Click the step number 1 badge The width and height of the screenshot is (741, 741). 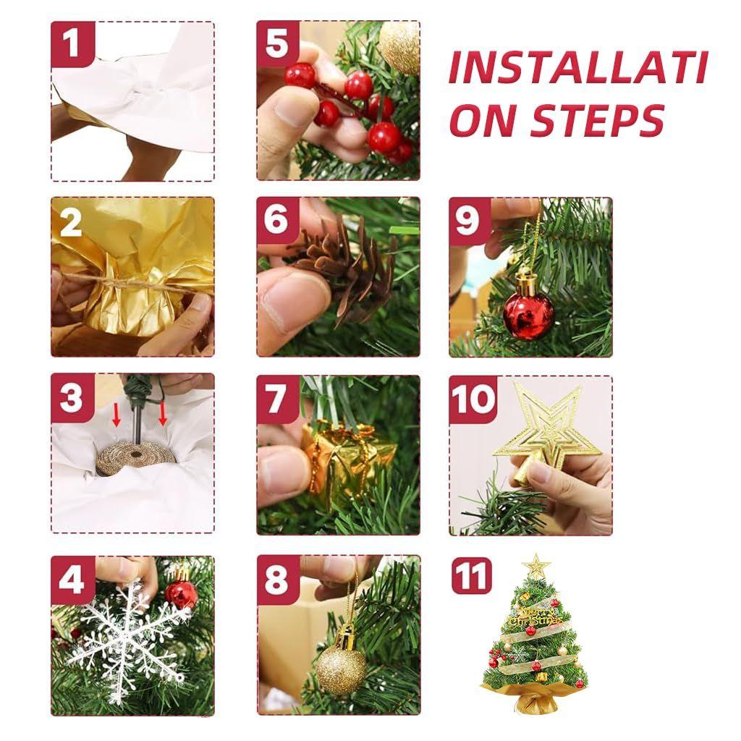(71, 43)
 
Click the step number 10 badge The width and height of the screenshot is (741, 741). (473, 399)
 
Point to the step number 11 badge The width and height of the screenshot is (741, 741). (471, 576)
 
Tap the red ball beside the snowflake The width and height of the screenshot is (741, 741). (181, 593)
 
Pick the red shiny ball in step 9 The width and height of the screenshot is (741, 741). (528, 315)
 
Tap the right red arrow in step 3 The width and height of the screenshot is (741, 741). (163, 413)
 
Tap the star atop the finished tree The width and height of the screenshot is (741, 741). (536, 565)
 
